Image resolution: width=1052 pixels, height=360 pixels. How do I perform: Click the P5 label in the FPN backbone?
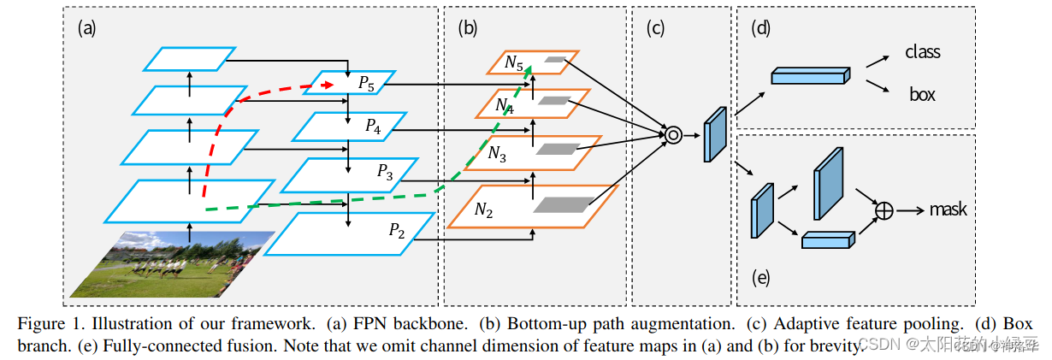[366, 84]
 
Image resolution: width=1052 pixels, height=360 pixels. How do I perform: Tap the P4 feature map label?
[374, 126]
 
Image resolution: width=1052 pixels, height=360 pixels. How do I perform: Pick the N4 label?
[505, 106]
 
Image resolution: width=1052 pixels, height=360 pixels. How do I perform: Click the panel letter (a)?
[86, 27]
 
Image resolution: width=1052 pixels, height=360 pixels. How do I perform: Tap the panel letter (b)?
[467, 27]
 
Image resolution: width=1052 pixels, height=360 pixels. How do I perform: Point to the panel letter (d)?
[760, 27]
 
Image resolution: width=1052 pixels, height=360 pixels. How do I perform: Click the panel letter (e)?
[760, 277]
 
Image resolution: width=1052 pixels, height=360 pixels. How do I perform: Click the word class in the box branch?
[923, 52]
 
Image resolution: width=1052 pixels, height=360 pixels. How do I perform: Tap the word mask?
[949, 210]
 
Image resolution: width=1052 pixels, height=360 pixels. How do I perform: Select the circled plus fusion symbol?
[884, 210]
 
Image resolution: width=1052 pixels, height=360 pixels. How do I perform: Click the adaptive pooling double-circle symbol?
[673, 134]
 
